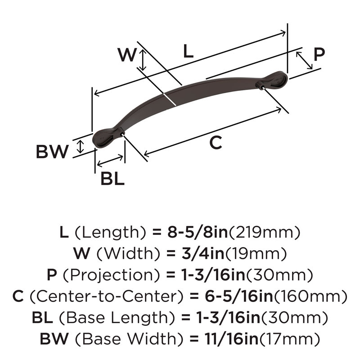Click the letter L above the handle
click(188, 51)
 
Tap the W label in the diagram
click(127, 54)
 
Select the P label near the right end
click(319, 54)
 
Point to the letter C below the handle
click(216, 143)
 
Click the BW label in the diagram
click(52, 152)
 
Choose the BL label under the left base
click(112, 179)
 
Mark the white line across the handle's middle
click(170, 99)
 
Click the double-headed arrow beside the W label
click(143, 60)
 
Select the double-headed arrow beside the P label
click(304, 60)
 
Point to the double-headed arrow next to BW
click(80, 147)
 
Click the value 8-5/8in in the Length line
click(197, 232)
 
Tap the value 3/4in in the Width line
click(203, 253)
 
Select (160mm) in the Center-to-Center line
click(310, 296)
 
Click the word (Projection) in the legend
click(111, 275)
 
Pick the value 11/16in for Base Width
click(232, 339)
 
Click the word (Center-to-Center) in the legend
click(107, 296)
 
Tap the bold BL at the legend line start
click(42, 318)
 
